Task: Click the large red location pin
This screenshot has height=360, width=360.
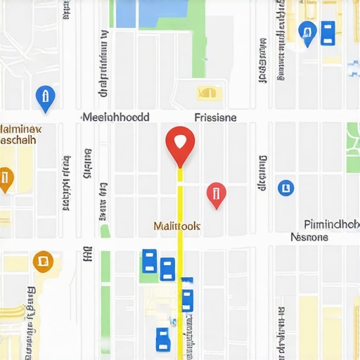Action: coord(180,142)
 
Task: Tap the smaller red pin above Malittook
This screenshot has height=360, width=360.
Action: coord(216,193)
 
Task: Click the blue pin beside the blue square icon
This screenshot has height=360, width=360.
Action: coord(307,32)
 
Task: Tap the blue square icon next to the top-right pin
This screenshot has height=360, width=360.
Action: coord(328,33)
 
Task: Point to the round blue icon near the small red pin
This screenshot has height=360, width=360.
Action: coord(285,187)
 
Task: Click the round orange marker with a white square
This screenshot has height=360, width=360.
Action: coord(43,262)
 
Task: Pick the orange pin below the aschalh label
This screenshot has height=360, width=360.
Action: coord(4,179)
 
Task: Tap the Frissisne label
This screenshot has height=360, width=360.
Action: coord(214,117)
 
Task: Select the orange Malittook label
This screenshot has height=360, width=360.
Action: coord(176,226)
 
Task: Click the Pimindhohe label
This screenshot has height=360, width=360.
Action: coord(331,224)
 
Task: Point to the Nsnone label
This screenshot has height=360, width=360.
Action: coord(309,237)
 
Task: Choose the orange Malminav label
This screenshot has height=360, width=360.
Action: coord(20,129)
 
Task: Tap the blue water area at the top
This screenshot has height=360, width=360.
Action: coord(151,13)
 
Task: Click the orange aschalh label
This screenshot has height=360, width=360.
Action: coord(17,140)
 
